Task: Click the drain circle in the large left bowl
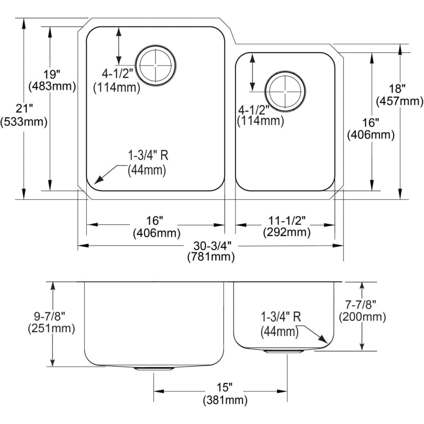click(156, 66)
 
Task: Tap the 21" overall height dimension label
click(24, 109)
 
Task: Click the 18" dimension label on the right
click(397, 88)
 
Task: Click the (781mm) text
click(211, 257)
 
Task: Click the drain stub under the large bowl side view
click(153, 369)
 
